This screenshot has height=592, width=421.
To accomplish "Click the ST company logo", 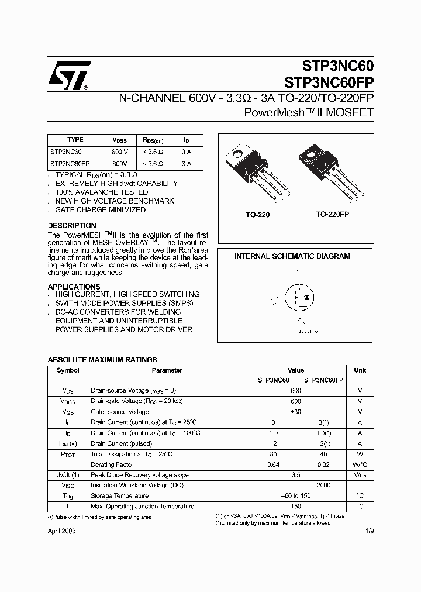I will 69,75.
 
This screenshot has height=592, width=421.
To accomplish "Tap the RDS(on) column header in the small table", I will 153,140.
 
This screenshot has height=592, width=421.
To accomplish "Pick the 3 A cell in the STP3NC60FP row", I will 186,164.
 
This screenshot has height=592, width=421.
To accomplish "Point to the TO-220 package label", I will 257,215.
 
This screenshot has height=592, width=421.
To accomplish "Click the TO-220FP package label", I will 333,215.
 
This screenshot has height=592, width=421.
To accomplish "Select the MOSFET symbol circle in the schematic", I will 300,298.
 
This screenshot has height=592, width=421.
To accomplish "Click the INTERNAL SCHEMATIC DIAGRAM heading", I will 292,256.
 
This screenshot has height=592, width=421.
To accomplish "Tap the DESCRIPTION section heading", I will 72,226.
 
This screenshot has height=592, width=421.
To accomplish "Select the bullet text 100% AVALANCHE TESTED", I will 101,192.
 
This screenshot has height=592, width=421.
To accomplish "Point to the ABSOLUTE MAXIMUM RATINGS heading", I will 102,360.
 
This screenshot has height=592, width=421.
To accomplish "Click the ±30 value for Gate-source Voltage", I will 296,412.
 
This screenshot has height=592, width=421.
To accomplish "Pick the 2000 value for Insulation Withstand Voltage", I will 323,485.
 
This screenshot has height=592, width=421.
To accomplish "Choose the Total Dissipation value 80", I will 273,454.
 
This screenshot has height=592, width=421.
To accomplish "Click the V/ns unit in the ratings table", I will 360,475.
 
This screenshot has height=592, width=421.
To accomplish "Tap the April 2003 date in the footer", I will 61,531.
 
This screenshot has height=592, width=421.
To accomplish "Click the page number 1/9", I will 369,531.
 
